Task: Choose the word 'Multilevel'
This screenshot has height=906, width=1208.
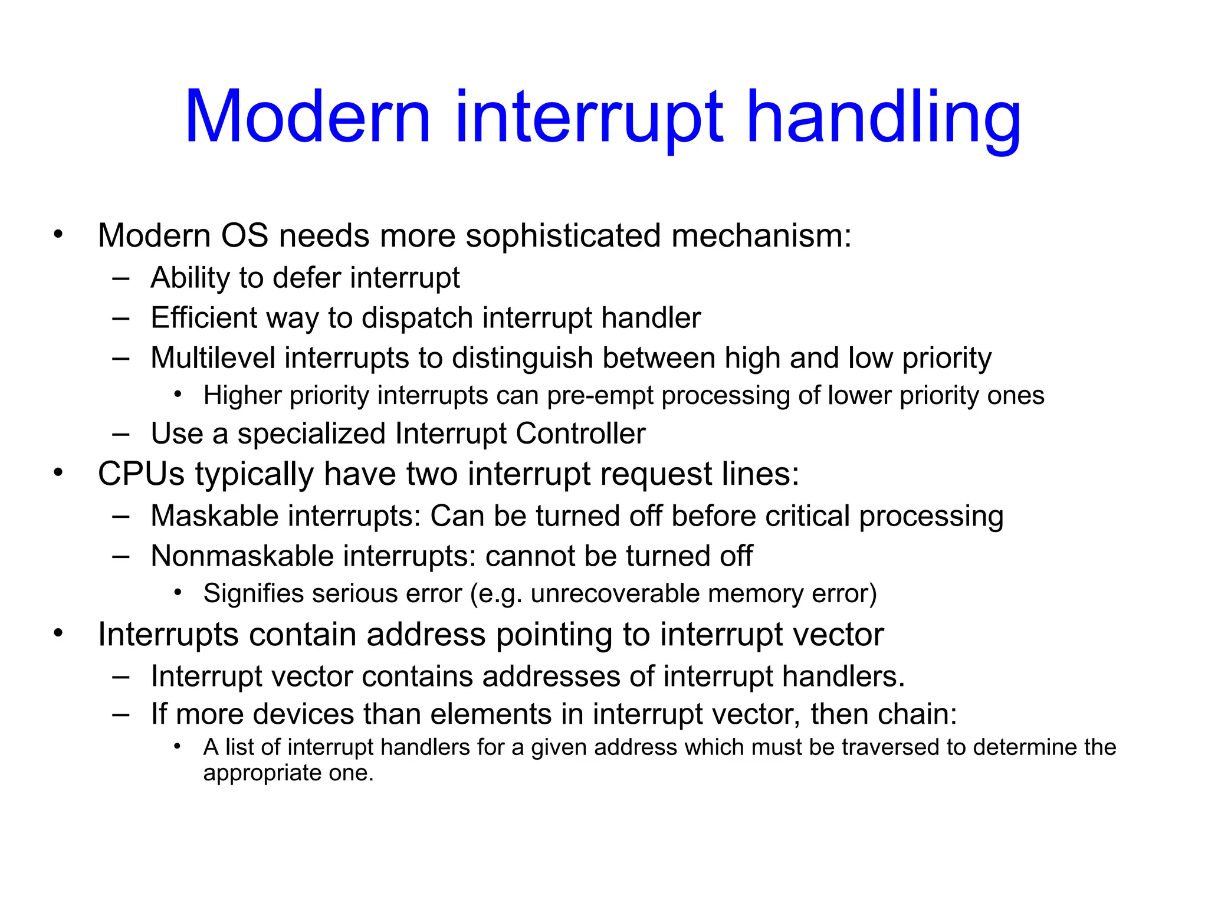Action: click(212, 358)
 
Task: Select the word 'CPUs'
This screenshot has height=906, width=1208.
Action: click(142, 474)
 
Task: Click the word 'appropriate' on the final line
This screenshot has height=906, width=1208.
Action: click(262, 773)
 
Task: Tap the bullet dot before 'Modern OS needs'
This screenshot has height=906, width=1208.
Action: click(58, 235)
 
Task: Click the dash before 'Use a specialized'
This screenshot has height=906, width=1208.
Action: click(121, 435)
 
